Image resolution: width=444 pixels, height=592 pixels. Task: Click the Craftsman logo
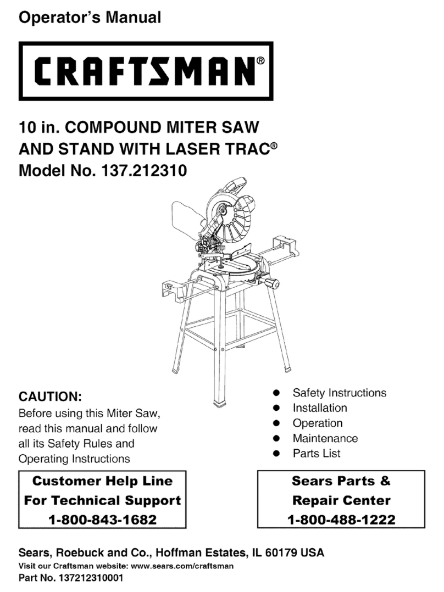tap(146, 70)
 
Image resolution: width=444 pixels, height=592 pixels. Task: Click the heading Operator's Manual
tap(90, 18)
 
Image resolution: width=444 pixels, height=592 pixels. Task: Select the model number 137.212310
tap(144, 171)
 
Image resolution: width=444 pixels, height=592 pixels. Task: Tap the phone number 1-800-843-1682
tap(102, 519)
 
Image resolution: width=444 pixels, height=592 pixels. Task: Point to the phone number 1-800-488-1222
tap(341, 519)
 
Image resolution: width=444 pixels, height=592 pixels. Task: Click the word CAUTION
tap(50, 396)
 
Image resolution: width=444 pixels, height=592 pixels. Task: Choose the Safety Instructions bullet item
tap(339, 393)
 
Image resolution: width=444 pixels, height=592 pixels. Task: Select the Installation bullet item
tap(320, 408)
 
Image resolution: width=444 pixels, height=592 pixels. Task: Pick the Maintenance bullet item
tap(325, 438)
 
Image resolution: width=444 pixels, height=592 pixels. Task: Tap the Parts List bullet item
tap(317, 454)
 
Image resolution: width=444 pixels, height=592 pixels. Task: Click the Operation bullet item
tap(318, 423)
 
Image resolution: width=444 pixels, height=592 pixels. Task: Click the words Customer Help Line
tap(102, 482)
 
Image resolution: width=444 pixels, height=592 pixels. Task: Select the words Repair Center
tap(341, 500)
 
